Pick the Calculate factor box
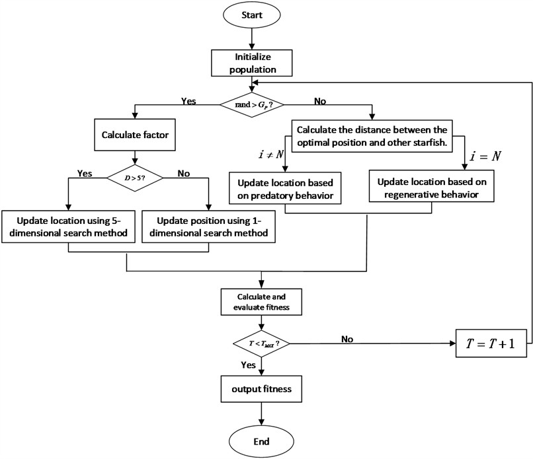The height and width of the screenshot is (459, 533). tap(134, 135)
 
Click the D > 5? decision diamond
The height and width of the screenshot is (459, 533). tap(134, 178)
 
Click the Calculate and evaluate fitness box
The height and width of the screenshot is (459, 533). tap(263, 300)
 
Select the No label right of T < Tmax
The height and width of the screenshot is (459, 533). tap(347, 338)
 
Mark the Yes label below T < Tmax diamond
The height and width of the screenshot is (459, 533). tap(248, 364)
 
